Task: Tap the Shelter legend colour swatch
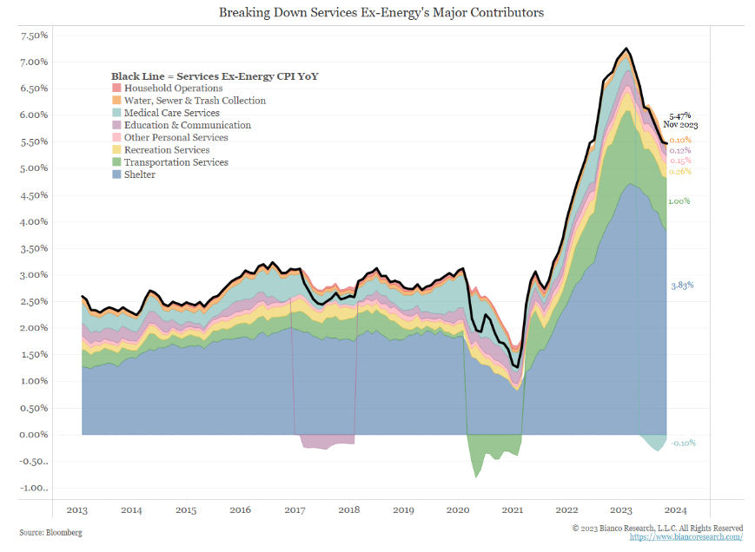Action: tap(116, 175)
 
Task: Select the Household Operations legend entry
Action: tap(173, 89)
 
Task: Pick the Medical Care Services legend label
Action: tap(171, 113)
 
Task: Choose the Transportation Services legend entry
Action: tap(176, 162)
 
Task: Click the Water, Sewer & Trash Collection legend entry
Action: tap(195, 101)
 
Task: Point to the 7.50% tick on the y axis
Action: tap(33, 36)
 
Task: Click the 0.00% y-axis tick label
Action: tap(33, 435)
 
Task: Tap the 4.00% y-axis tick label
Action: tap(33, 221)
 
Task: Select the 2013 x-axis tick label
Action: tap(77, 510)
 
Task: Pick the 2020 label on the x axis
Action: tap(459, 510)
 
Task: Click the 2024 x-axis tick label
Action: tap(677, 510)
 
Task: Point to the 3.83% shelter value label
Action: tap(682, 286)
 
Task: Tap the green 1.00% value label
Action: tap(679, 201)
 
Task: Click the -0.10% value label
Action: tap(683, 443)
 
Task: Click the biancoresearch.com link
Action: tap(685, 537)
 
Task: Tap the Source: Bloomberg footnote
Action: tap(51, 532)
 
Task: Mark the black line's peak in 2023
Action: tap(626, 49)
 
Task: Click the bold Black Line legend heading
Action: tap(215, 76)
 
